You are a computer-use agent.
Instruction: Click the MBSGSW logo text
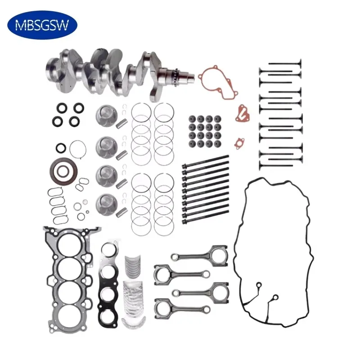pos(42,25)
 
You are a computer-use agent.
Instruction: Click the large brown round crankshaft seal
pos(62,169)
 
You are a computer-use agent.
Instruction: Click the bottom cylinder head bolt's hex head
pos(184,221)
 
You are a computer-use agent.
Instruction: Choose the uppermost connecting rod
pos(198,255)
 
